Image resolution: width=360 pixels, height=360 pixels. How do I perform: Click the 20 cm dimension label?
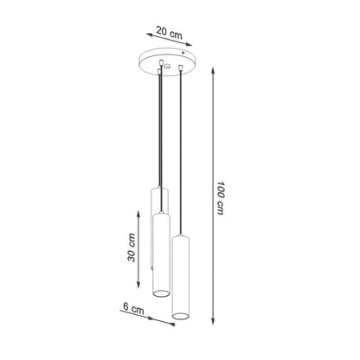pos(170,32)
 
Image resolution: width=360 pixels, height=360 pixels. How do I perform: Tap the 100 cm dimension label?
pos(221,198)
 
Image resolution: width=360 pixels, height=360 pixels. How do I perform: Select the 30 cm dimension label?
pos(132,247)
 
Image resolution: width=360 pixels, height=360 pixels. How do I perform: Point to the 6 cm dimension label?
pos(133,308)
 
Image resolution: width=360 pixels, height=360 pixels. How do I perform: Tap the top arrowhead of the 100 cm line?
pos(213,71)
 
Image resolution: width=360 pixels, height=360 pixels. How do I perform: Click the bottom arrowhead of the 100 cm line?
pos(213,320)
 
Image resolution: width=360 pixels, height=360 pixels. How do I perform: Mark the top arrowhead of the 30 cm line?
pos(138,215)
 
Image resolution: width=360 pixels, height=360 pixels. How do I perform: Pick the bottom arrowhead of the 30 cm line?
pos(138,284)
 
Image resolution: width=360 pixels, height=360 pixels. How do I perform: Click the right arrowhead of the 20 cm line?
pos(189,44)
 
